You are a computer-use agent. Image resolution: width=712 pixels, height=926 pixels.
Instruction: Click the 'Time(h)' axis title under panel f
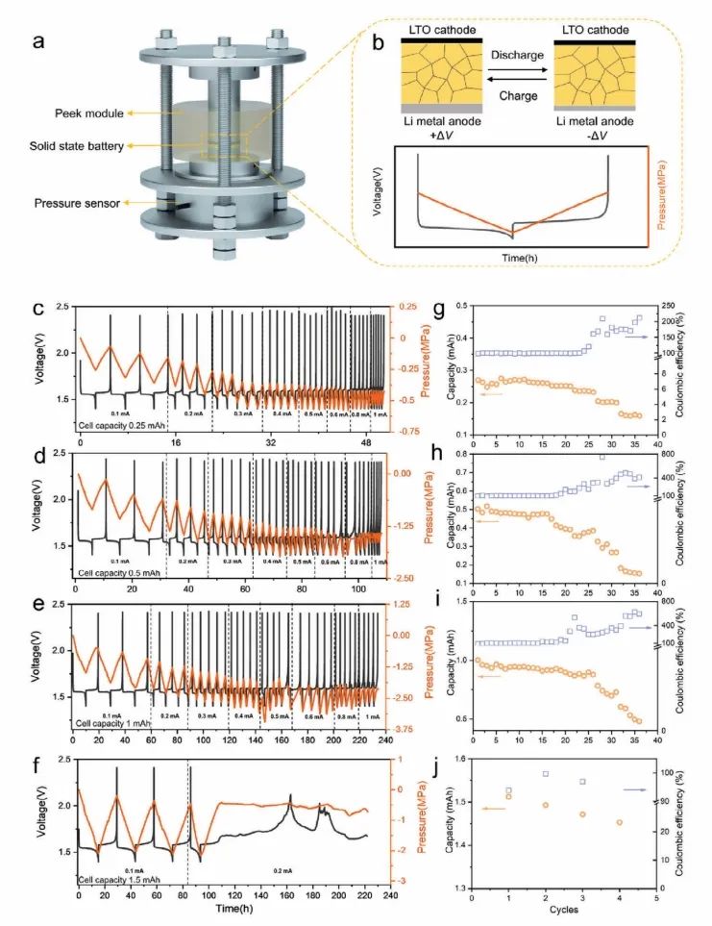click(234, 908)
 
